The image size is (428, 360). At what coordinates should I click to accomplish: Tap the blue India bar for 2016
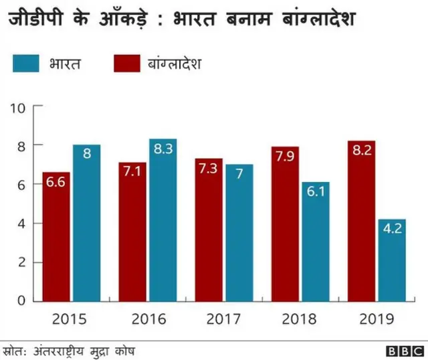(x=163, y=220)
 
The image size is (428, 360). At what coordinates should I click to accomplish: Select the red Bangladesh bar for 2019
(x=360, y=221)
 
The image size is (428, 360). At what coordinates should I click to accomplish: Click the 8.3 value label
(x=163, y=150)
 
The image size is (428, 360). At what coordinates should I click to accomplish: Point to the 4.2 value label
(x=391, y=230)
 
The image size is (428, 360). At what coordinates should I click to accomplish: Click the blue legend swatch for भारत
(x=27, y=65)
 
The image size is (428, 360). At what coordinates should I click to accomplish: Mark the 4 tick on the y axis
(x=19, y=223)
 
